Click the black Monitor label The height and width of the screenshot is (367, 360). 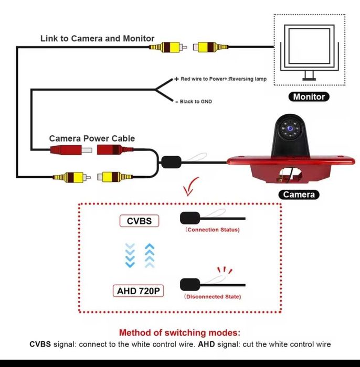click(309, 96)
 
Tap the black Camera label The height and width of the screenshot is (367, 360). click(299, 195)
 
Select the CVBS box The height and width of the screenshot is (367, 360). click(139, 221)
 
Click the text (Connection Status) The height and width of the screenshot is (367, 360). click(213, 230)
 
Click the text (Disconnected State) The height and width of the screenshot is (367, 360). click(213, 297)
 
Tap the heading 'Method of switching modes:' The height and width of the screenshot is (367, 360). click(179, 332)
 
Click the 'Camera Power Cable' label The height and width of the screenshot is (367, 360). click(92, 138)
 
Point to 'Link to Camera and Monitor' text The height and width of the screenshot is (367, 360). click(98, 38)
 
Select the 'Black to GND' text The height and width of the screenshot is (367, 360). click(196, 101)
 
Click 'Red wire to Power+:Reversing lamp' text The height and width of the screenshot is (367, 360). click(224, 79)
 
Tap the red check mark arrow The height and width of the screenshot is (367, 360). click(192, 186)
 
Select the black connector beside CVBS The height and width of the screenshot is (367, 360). click(189, 218)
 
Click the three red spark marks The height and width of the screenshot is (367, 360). click(225, 271)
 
